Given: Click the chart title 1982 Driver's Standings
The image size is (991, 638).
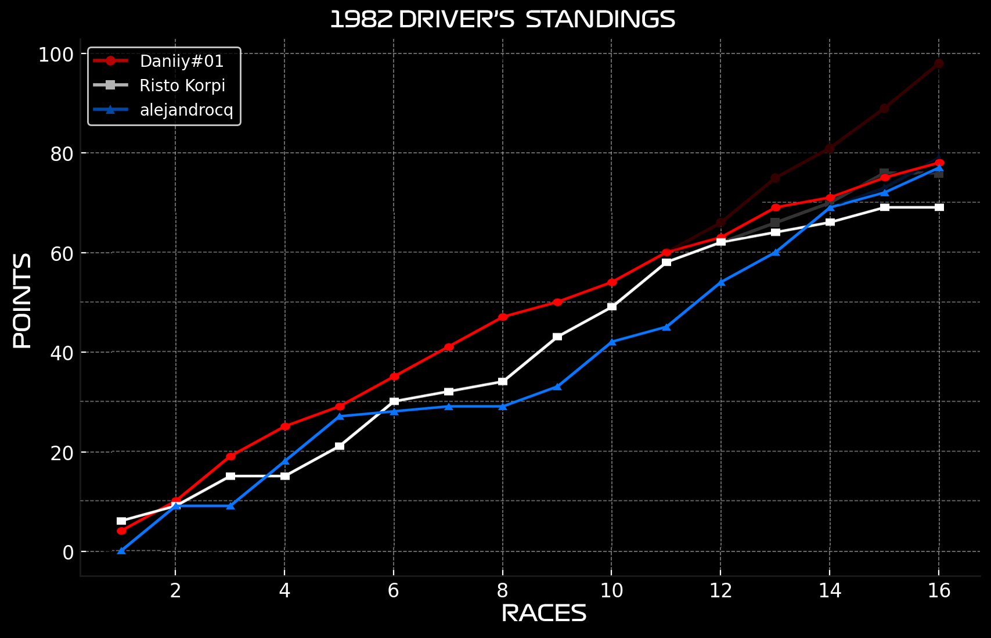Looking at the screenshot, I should (x=502, y=20).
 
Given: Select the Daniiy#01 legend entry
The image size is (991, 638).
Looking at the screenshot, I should (x=182, y=61).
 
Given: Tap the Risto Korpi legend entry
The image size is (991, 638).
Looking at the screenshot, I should (x=182, y=85).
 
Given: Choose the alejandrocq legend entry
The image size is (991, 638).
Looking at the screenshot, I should (x=186, y=110).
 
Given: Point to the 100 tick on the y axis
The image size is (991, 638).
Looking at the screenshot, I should (x=56, y=55).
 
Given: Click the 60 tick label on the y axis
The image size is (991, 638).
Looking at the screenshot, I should (x=62, y=253).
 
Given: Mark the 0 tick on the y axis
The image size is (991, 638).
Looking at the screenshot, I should (x=68, y=552).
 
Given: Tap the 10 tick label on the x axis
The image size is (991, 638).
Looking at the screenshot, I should (x=611, y=591).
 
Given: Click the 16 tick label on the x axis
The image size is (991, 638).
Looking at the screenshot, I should (x=939, y=591).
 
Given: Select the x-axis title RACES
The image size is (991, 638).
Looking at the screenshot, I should (x=544, y=614).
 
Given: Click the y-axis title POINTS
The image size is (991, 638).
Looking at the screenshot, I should (x=23, y=300).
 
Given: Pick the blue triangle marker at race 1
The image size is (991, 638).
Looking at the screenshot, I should (x=121, y=550).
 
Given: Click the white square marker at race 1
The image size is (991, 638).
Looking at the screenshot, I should (x=121, y=521).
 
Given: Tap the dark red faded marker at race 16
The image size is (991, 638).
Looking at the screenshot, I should (x=939, y=64).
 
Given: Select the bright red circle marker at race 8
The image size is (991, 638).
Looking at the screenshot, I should (x=503, y=317).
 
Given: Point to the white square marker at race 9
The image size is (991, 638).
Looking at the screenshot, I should (x=557, y=337).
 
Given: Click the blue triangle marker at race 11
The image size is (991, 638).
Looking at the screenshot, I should (x=666, y=327).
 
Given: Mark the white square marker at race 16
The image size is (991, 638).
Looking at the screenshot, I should (x=939, y=207).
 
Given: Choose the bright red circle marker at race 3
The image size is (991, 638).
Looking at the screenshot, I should (x=230, y=457).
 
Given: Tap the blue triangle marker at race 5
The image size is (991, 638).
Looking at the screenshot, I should (x=340, y=416).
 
